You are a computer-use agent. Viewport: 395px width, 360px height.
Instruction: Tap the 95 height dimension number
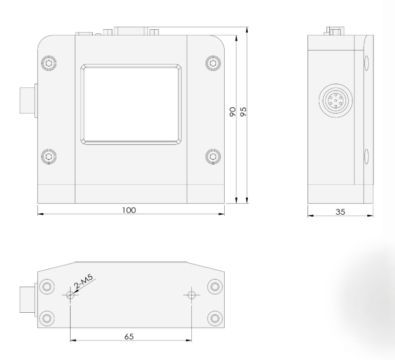[244, 113]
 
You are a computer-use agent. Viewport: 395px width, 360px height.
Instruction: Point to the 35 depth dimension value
[340, 211]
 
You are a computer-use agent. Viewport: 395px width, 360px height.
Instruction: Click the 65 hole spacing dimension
[129, 336]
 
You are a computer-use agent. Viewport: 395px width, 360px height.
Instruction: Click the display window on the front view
[131, 104]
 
